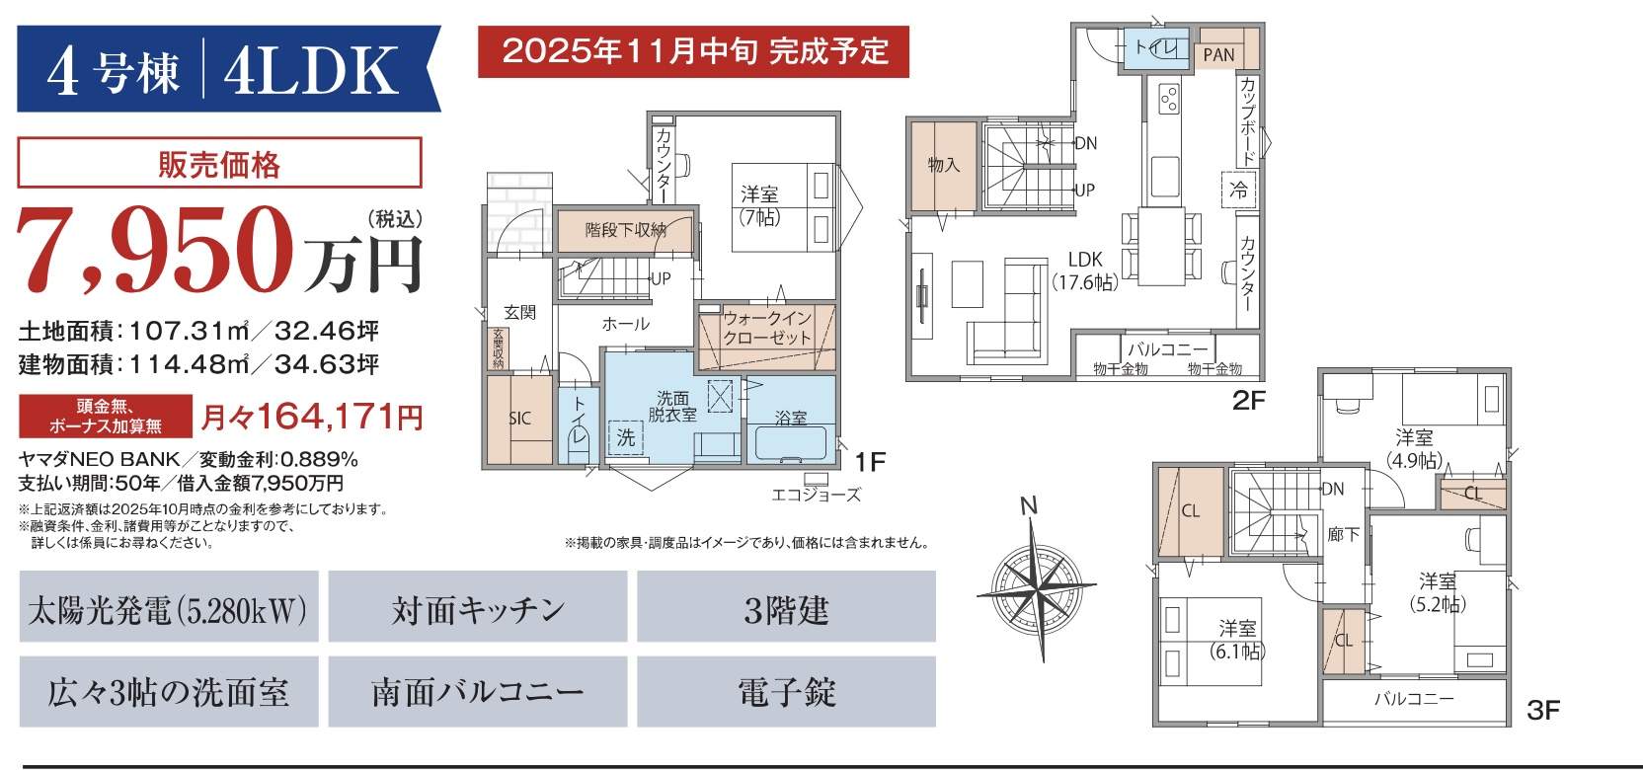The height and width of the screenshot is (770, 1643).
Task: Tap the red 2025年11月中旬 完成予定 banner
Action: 693,51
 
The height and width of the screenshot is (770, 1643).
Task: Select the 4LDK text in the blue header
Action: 311,70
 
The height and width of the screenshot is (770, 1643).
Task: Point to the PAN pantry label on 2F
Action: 1218,55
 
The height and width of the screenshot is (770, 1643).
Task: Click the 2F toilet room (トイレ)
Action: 1156,48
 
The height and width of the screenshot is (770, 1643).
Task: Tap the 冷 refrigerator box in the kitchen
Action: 1239,190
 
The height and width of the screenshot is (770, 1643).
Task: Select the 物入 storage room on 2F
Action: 943,165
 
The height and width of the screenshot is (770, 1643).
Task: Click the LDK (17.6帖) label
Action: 1085,270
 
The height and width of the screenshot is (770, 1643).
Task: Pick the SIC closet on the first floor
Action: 519,419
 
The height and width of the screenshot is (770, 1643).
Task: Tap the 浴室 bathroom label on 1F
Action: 791,418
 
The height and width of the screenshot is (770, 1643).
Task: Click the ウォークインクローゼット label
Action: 767,328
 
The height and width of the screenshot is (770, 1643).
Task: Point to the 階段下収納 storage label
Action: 626,230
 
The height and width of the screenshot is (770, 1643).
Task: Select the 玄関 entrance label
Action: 519,312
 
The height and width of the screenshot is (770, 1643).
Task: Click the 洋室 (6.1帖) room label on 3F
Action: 1237,640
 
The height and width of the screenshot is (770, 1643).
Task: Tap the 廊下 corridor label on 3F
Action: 1343,535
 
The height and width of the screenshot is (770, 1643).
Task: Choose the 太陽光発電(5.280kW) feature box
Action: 169,606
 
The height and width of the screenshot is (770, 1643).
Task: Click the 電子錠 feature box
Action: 786,692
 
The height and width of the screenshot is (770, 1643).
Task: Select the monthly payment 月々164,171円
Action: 312,418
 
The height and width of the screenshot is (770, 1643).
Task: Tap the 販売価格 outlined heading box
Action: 219,162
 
